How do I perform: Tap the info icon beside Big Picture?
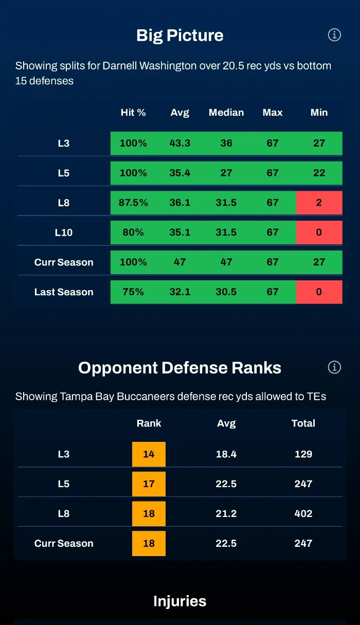(x=334, y=35)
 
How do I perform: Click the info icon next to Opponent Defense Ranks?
(x=334, y=367)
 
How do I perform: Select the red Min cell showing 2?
(x=319, y=203)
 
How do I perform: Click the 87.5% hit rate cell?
(x=133, y=203)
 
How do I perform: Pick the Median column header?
(x=226, y=113)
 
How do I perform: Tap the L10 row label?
(x=64, y=233)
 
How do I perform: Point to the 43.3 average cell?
(x=180, y=143)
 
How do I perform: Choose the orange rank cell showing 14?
(x=149, y=454)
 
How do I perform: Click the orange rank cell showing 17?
(x=149, y=484)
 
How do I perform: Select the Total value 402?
(x=303, y=513)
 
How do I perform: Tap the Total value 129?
(x=303, y=454)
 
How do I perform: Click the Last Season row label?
(x=64, y=292)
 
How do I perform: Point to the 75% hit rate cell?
(x=133, y=292)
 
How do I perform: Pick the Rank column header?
(x=149, y=423)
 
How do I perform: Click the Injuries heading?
(x=180, y=601)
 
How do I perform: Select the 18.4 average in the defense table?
(x=226, y=454)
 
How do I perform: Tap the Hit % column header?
(x=133, y=113)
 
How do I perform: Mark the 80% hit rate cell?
(x=133, y=233)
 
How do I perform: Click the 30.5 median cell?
(x=226, y=292)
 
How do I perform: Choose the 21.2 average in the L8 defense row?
(x=226, y=513)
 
